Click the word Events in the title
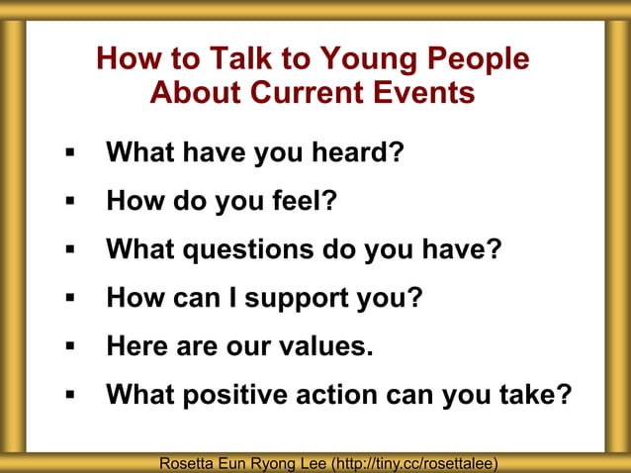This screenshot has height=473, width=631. [x=419, y=94]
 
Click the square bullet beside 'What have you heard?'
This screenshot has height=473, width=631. [x=69, y=155]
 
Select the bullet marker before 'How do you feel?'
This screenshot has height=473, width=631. [x=69, y=203]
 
